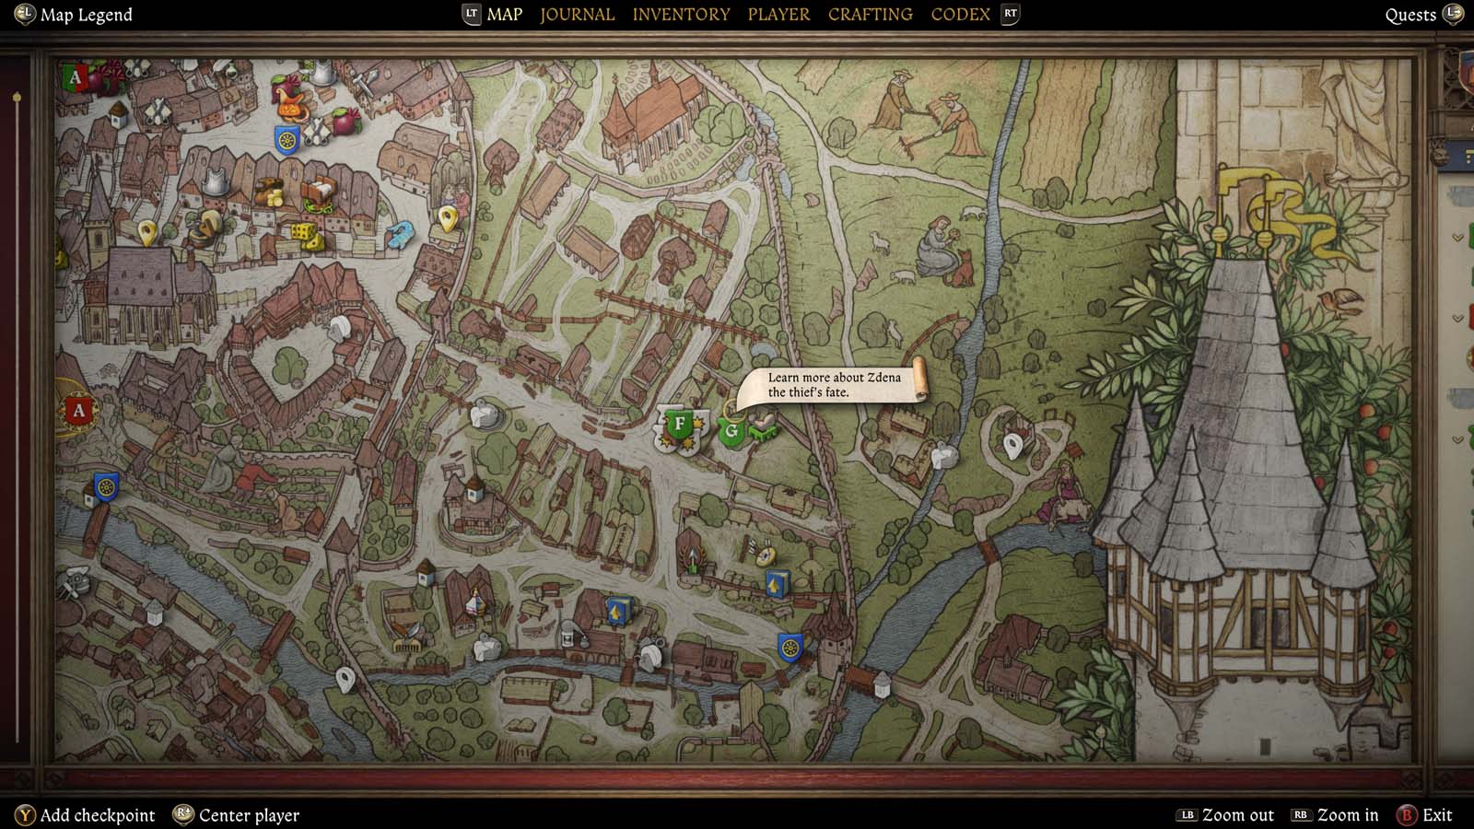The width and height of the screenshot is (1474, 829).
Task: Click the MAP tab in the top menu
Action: coord(504,14)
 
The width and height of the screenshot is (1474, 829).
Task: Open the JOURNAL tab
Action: coord(577,14)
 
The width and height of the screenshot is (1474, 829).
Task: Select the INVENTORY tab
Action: coord(681,14)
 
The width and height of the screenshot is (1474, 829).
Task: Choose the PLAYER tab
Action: coord(778,14)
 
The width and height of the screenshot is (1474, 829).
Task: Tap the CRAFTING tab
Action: coord(870,14)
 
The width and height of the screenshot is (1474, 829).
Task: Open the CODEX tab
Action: coord(960,14)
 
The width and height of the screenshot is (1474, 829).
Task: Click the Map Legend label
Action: coord(86,15)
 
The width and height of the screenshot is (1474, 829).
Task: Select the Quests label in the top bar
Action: coord(1410,15)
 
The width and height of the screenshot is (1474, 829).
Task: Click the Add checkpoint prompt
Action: coord(97,815)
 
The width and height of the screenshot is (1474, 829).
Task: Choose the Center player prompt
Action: coord(249,815)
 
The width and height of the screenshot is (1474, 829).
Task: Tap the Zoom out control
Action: coord(1237,815)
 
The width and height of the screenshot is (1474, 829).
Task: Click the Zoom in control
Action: coord(1347,815)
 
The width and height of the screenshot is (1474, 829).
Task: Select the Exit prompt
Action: coord(1436,815)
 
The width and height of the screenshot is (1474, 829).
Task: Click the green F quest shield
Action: coord(680,425)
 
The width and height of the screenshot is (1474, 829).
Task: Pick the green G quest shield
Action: coord(731,431)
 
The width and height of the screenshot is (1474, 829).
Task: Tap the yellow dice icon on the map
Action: coord(301,231)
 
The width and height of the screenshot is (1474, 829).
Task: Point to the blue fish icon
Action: coord(401,235)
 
